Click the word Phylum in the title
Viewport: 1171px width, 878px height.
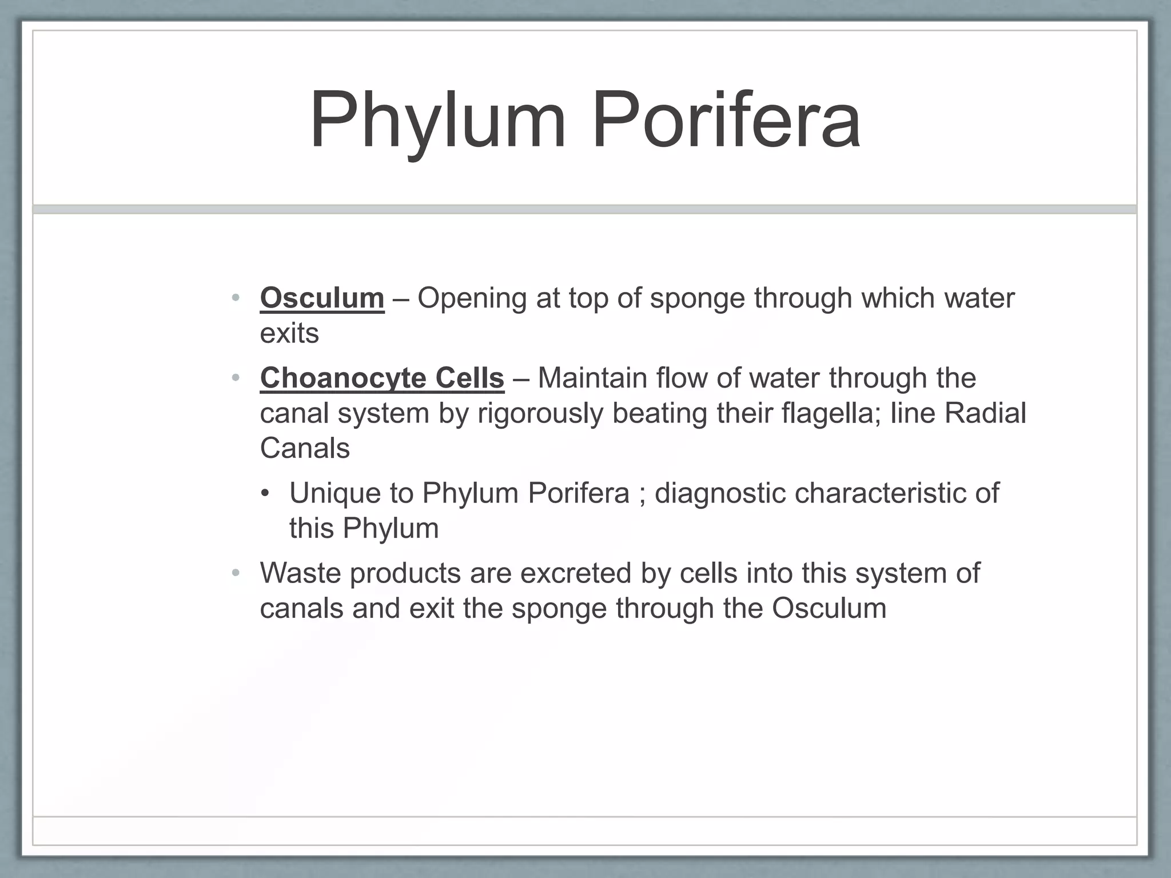tap(437, 121)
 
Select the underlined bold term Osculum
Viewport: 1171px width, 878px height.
tap(322, 298)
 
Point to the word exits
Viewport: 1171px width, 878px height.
tap(289, 333)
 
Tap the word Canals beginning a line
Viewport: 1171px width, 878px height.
tap(305, 448)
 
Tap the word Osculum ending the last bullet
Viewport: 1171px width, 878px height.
tap(829, 608)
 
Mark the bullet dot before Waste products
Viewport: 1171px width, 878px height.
tap(236, 573)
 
